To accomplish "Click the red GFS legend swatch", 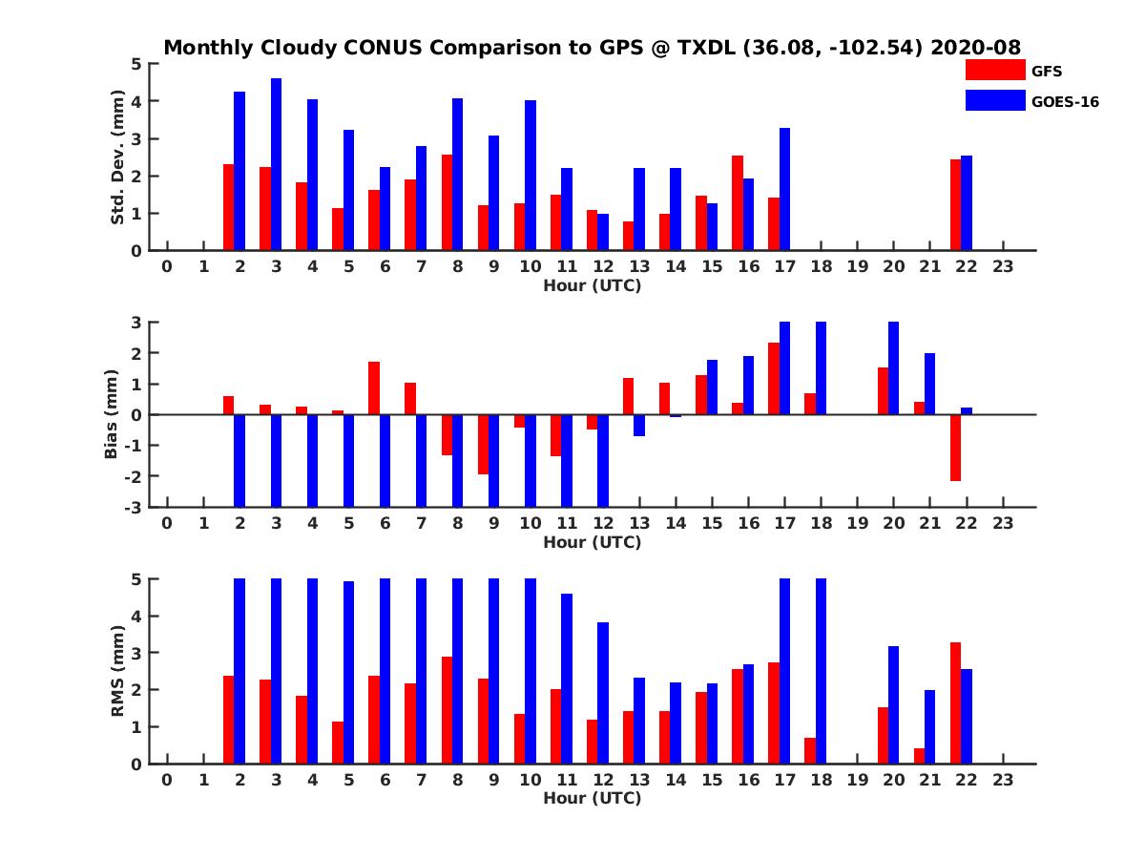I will (x=994, y=70).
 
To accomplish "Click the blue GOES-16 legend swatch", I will (x=994, y=100).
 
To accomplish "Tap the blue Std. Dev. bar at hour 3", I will (x=276, y=164).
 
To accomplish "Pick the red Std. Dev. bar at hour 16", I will (x=738, y=203).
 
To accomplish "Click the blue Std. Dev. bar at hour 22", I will (x=967, y=203).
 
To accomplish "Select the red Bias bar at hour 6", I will (x=374, y=388).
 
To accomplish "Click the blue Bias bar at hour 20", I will (x=894, y=368).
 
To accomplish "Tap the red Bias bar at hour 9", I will (x=483, y=445).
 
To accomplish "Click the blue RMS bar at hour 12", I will (x=603, y=693).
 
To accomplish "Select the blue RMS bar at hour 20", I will (x=894, y=705).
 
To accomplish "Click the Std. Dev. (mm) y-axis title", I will (x=118, y=157).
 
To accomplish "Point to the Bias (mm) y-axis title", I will (x=112, y=414).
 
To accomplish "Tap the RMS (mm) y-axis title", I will (x=118, y=671).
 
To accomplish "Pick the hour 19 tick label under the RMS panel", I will (x=857, y=780).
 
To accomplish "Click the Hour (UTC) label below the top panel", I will (x=592, y=284).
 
